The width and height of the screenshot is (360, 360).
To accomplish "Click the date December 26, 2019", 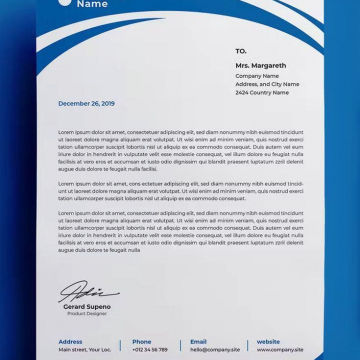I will [86, 103].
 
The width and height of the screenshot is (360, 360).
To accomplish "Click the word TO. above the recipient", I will [241, 50].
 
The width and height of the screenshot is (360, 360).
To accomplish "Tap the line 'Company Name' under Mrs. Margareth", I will [257, 76].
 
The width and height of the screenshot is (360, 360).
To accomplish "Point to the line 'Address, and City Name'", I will [267, 84].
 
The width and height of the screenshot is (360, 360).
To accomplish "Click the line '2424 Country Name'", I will [262, 92].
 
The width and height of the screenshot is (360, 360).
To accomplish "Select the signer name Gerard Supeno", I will [87, 306].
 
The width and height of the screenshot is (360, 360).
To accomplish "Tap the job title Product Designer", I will [86, 314].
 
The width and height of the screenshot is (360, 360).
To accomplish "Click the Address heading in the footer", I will [70, 341].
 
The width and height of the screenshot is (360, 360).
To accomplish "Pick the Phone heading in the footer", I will [142, 341].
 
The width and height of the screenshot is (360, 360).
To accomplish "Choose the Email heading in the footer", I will [199, 341].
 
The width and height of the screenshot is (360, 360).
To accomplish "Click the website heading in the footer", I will [268, 341].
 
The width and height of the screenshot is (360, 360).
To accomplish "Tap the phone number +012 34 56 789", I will [150, 349].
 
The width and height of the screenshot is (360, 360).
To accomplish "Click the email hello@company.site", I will [215, 349].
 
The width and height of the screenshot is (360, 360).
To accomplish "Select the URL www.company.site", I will [279, 349].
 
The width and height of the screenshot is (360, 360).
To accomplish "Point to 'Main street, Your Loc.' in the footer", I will [85, 349].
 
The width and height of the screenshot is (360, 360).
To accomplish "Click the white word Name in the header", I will [92, 4].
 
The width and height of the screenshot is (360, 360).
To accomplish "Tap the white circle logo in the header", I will [64, 3].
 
